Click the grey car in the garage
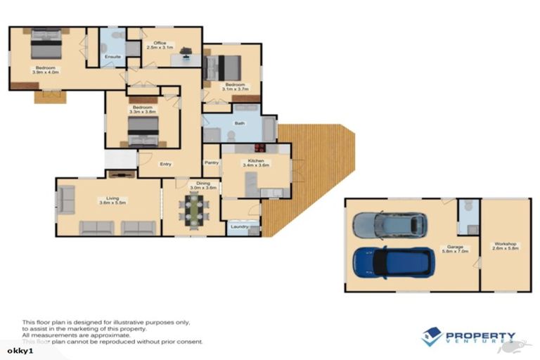pyautogui.click(x=389, y=225)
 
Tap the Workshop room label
pyautogui.click(x=506, y=246)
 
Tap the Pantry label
pyautogui.click(x=211, y=162)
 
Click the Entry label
pyautogui.click(x=165, y=165)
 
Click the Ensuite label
pyautogui.click(x=112, y=56)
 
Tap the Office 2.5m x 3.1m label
pyautogui.click(x=160, y=45)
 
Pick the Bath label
pyautogui.click(x=239, y=122)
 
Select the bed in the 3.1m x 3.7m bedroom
pyautogui.click(x=222, y=67)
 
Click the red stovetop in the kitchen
pyautogui.click(x=259, y=148)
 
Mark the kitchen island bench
pyautogui.click(x=251, y=185)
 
